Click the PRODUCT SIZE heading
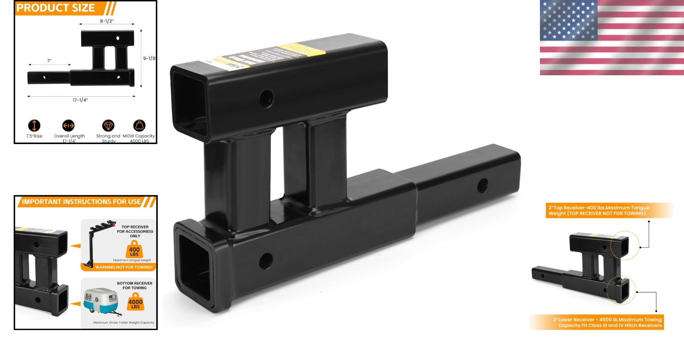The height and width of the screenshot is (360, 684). (56, 8)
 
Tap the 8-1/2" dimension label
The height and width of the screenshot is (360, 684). (107, 21)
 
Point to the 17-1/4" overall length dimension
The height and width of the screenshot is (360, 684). (80, 100)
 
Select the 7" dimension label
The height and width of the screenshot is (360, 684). (49, 61)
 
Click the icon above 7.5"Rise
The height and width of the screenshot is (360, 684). (34, 125)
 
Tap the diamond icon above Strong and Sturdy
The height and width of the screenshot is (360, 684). (108, 125)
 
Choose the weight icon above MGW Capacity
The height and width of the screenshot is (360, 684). (139, 125)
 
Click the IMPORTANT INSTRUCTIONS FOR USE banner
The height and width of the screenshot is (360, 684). (81, 202)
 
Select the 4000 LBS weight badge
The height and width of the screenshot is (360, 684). (136, 303)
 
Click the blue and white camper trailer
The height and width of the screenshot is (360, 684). (101, 301)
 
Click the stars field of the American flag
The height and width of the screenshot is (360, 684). (568, 19)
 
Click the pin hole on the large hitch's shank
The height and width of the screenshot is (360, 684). (483, 186)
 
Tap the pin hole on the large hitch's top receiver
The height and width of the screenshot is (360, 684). (266, 99)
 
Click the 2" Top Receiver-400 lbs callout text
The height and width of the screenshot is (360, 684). (598, 210)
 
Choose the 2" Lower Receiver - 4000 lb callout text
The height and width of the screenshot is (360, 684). (607, 322)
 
